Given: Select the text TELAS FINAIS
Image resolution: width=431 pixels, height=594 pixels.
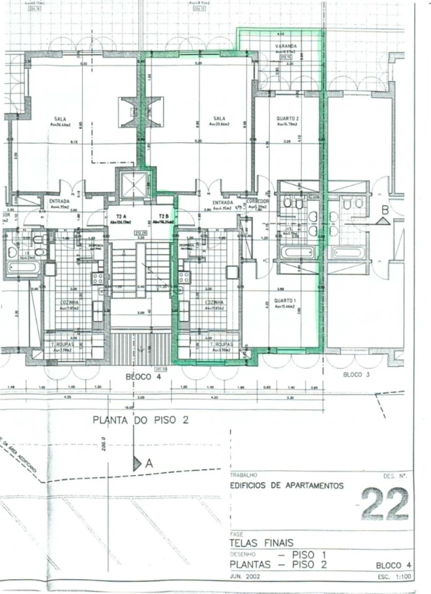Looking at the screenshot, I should pos(261,543).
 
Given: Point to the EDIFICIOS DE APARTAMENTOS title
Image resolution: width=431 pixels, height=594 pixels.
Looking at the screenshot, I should pos(287,485).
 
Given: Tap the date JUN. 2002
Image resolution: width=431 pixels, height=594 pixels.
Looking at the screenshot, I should pos(245,577).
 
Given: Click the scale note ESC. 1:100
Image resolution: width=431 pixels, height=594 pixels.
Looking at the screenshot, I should pos(395,577).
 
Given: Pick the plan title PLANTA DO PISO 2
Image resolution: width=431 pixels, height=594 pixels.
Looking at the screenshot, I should pos(141,420).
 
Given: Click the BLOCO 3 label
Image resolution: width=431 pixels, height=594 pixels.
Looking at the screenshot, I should pos(356,375).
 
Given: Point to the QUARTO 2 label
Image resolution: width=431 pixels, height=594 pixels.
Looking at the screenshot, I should pos(287,118).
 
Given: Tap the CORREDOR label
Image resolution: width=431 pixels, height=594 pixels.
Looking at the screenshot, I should pos(257,202).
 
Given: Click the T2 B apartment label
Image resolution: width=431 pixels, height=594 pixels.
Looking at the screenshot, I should pos(164,217).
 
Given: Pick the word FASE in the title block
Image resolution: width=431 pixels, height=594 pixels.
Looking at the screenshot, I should pos(237,534).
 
